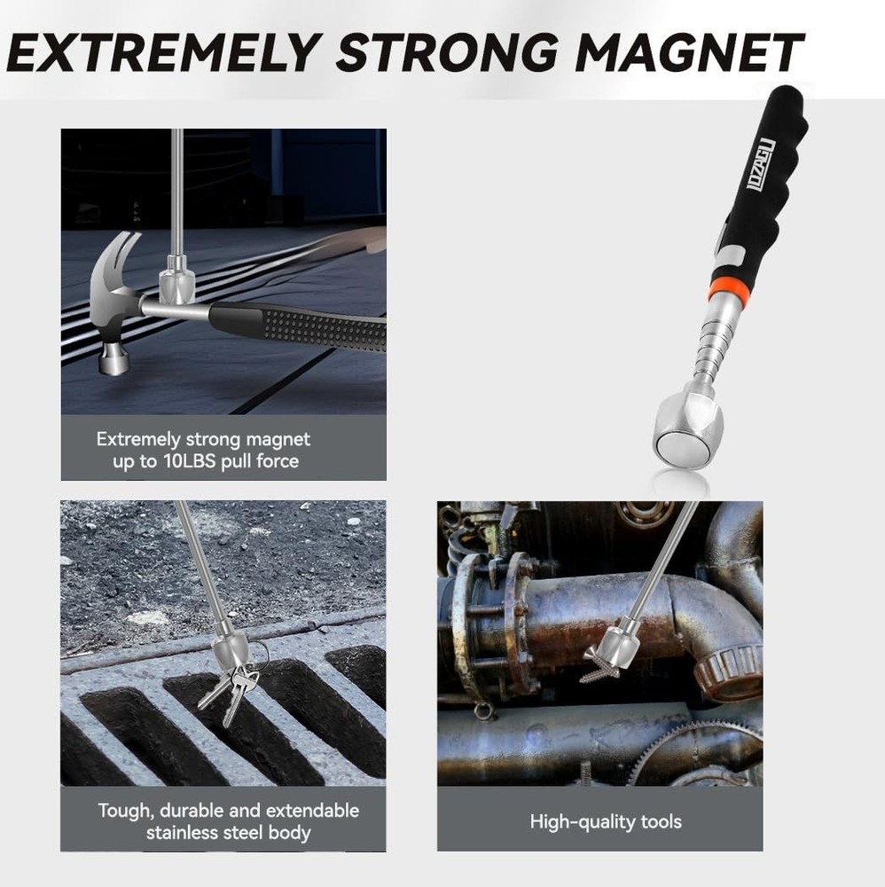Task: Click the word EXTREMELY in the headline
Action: [x=164, y=52]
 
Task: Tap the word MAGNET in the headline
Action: [x=689, y=52]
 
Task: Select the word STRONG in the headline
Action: [x=449, y=52]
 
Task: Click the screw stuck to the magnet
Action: [x=599, y=670]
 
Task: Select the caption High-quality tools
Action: [x=606, y=821]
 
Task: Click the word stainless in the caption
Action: [x=182, y=833]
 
